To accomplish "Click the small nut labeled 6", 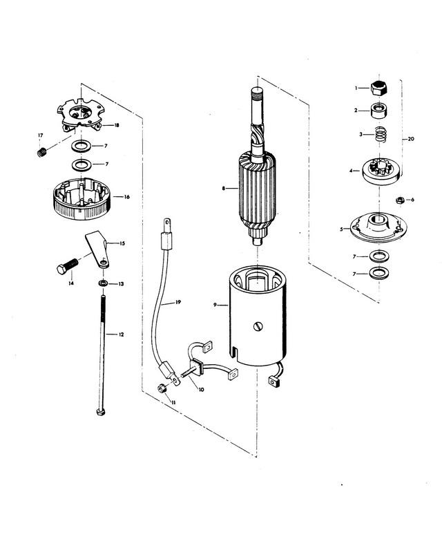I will (399, 200).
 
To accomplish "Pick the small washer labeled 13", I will (102, 284).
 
